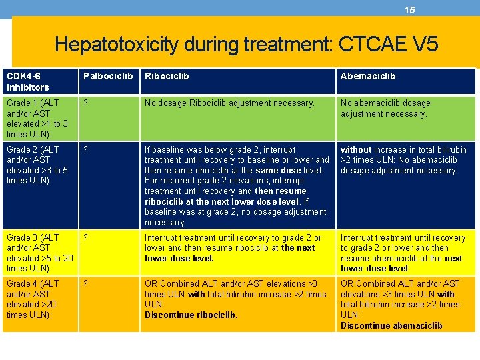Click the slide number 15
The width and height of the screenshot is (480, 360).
pos(409,10)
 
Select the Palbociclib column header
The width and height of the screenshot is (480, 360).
pos(107,76)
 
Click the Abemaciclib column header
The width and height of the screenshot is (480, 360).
pos(367,76)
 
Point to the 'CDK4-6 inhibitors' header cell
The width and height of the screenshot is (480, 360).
pos(28,81)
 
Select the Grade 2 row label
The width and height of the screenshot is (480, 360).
pos(37,165)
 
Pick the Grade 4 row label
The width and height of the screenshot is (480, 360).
pos(37,299)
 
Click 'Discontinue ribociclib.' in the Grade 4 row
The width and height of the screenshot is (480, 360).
pos(191,315)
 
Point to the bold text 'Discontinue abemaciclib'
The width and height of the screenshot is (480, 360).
pos(391,326)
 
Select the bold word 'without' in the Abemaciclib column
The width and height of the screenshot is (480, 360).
pos(356,149)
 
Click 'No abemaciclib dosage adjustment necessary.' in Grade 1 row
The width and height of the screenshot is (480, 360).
pos(385,108)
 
